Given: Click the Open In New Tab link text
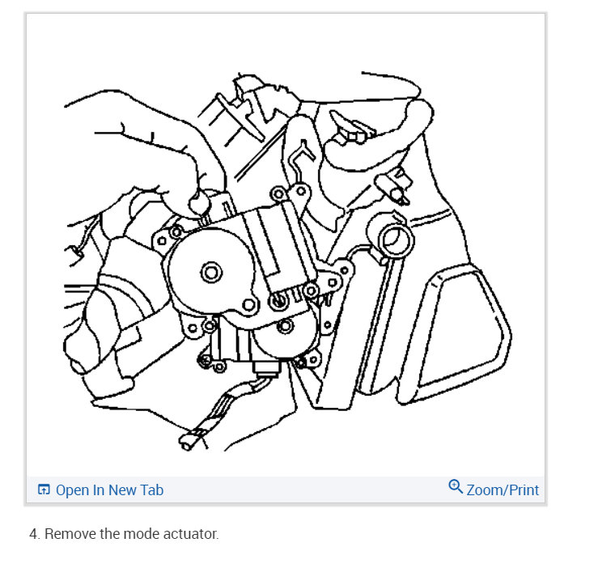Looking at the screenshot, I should pos(109,490).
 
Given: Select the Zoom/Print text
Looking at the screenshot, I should pos(503,490).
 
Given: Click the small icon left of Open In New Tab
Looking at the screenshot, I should pos(44,490).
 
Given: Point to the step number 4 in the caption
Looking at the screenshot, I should pos(33,535).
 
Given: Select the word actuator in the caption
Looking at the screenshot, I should pos(190,535).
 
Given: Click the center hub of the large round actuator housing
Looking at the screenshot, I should pos(212,272).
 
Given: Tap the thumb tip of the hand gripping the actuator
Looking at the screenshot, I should pos(193,203).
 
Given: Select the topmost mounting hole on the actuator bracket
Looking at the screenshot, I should pos(278,193).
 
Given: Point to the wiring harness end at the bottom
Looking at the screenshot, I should pos(185,442).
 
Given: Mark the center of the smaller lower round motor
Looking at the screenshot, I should pos(285,327).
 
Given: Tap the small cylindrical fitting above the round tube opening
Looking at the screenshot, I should pos(396,189).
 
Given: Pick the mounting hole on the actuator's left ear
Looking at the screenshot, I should pos(161,240).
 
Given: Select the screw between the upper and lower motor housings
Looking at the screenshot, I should pos(278,301).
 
